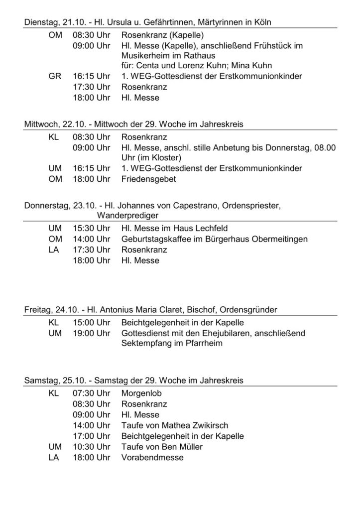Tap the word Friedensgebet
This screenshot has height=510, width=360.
click(148, 179)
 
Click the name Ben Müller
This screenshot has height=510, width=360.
click(181, 447)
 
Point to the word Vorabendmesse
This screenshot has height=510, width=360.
click(152, 458)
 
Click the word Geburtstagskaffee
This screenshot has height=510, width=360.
click(155, 239)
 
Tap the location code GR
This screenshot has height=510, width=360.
click(55, 76)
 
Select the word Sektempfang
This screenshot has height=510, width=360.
click(144, 344)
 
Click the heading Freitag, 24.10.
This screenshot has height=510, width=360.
click(52, 310)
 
